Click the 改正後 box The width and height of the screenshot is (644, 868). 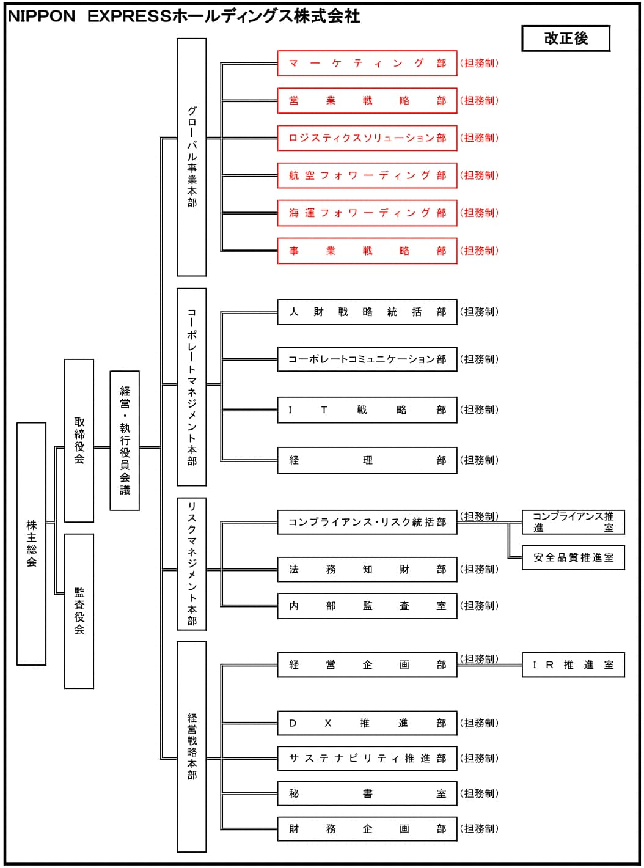(x=565, y=39)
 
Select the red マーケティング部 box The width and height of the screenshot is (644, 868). (x=367, y=63)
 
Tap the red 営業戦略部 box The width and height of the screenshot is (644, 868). (x=367, y=101)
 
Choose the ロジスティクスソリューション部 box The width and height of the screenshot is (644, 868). (x=367, y=138)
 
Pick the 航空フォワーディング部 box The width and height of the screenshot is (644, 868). (x=367, y=175)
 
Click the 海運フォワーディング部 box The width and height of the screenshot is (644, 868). (x=367, y=213)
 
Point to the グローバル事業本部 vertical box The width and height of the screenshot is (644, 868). (x=191, y=157)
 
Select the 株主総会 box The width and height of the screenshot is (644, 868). (x=31, y=543)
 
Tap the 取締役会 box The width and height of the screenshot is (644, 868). (x=79, y=440)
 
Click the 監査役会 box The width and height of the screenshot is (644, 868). (x=79, y=611)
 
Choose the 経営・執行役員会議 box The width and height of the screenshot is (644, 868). (x=125, y=440)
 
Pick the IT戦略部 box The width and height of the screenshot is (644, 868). (x=367, y=410)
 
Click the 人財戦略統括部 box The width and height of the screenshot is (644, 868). (x=367, y=312)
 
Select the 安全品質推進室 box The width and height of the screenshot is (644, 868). (x=573, y=557)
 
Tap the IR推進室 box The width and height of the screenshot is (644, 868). (x=573, y=664)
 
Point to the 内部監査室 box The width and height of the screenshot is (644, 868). (x=367, y=606)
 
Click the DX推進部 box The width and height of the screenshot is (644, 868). (x=367, y=723)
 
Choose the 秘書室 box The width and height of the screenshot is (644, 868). (x=367, y=793)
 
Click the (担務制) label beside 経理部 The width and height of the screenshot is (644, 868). (x=479, y=460)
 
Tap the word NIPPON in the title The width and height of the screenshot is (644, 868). (x=42, y=17)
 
